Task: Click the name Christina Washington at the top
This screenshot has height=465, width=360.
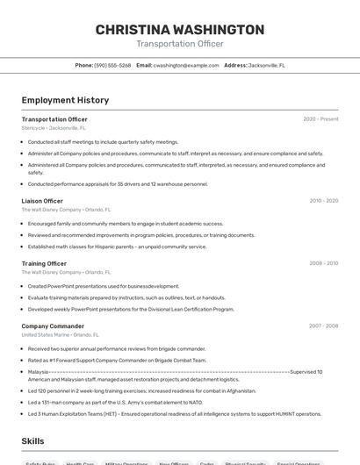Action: coord(179,29)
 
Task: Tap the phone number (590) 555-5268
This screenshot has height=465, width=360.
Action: coord(112,65)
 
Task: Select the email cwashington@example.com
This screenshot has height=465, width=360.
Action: coord(186,65)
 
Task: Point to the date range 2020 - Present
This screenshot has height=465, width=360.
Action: coord(320,118)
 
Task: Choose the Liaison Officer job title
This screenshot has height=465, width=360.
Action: coord(42,201)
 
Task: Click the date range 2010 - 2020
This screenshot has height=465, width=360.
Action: coord(323,201)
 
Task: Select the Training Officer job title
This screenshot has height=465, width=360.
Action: coord(44,263)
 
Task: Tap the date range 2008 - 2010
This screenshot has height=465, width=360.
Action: coord(323,263)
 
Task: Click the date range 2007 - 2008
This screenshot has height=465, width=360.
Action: coord(323,325)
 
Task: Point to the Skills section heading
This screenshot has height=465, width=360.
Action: coord(32,441)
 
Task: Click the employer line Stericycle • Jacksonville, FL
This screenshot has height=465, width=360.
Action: coord(54,128)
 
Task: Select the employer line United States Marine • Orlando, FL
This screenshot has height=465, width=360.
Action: coord(60,335)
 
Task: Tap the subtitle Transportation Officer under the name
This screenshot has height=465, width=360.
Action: coord(179,44)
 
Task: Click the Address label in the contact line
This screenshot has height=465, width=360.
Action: coord(235,65)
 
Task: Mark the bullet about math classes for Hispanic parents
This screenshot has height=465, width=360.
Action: coord(117,247)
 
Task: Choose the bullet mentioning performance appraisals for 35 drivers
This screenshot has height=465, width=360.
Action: coord(118,184)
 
